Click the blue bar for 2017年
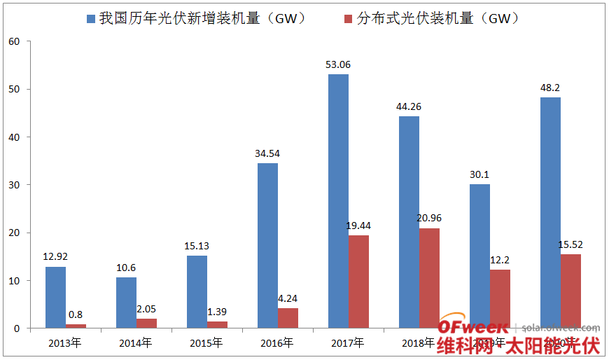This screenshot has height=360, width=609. click(338, 201)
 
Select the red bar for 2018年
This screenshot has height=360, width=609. click(429, 278)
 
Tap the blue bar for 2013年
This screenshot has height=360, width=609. click(55, 297)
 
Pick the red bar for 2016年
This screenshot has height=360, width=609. click(288, 318)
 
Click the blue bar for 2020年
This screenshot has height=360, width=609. click(550, 212)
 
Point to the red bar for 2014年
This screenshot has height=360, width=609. click(146, 324)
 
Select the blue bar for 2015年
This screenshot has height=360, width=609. click(197, 291)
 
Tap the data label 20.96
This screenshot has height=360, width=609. click(429, 218)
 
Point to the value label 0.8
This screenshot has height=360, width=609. click(76, 314)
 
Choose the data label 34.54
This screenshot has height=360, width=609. click(267, 153)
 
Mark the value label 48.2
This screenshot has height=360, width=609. click(550, 88)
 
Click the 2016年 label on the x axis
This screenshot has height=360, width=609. click(277, 343)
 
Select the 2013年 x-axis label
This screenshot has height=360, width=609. click(65, 343)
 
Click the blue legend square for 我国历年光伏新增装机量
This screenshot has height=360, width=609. click(91, 19)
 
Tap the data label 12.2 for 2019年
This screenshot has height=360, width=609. click(500, 260)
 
